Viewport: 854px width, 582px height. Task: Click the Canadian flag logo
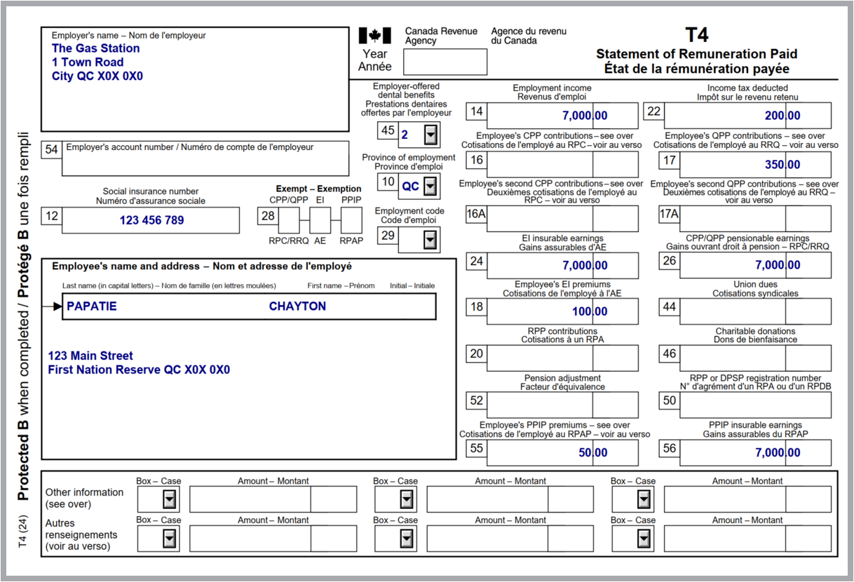pyautogui.click(x=374, y=36)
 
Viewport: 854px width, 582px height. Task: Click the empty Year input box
pyautogui.click(x=446, y=62)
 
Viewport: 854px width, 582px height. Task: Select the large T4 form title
pyautogui.click(x=696, y=36)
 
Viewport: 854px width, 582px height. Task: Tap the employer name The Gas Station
pyautogui.click(x=95, y=48)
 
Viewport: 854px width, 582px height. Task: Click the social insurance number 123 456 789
pyautogui.click(x=151, y=220)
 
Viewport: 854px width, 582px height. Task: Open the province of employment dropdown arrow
pyautogui.click(x=431, y=187)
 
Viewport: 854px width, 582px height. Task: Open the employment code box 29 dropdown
pyautogui.click(x=430, y=240)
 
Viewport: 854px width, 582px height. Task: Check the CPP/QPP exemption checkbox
pyautogui.click(x=289, y=220)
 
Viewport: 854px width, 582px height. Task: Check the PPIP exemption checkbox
pyautogui.click(x=351, y=220)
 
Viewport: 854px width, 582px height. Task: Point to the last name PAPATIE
pyautogui.click(x=92, y=306)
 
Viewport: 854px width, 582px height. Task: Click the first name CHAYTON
pyautogui.click(x=297, y=306)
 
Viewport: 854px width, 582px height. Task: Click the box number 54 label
pyautogui.click(x=51, y=149)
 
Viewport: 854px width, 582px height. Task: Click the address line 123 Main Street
pyautogui.click(x=90, y=356)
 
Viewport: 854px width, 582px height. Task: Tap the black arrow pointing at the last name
pyautogui.click(x=56, y=306)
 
